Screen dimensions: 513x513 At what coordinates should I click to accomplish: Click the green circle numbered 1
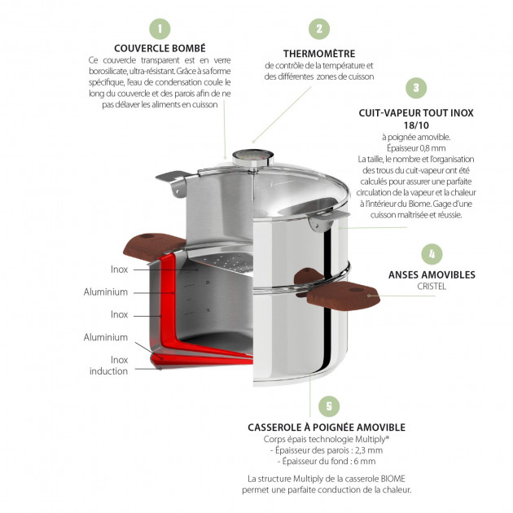click(160, 30)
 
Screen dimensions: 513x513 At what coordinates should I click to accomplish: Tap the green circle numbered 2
click(319, 29)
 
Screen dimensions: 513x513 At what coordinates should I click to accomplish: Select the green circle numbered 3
click(415, 87)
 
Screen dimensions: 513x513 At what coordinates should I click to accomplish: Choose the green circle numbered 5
click(327, 406)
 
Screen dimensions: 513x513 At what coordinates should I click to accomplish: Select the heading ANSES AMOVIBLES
click(431, 274)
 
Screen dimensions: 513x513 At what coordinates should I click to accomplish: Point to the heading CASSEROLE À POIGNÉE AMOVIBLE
click(327, 427)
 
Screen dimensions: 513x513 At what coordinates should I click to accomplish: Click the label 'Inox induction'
click(109, 365)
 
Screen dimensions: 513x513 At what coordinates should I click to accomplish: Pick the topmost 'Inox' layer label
click(119, 269)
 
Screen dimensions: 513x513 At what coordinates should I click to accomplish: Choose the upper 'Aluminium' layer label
click(106, 292)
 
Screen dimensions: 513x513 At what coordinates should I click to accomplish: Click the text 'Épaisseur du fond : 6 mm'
click(327, 461)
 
